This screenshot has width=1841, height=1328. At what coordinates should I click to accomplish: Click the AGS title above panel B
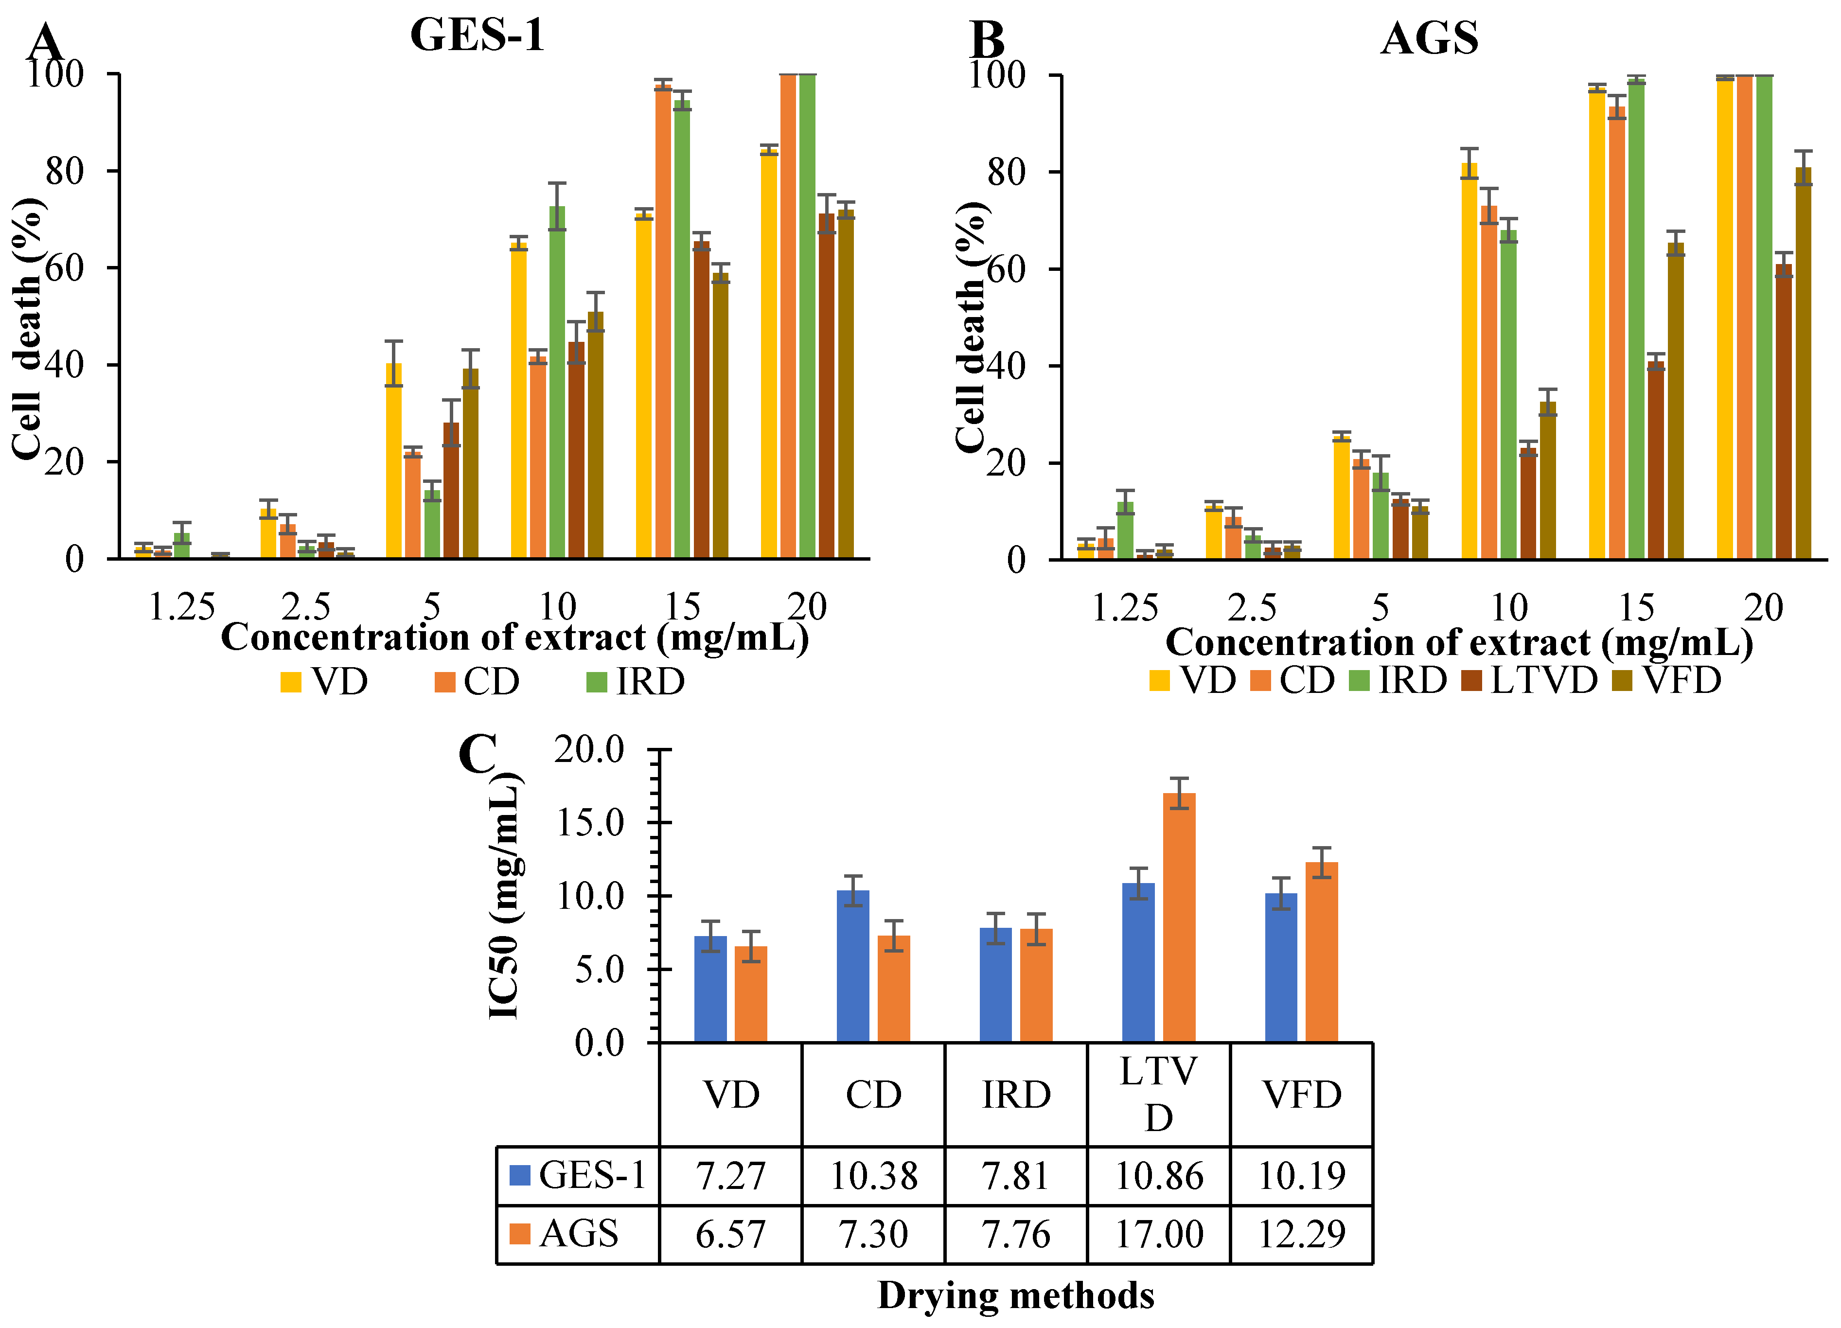(1430, 38)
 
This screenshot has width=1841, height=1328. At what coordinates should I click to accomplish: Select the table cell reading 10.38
(873, 1175)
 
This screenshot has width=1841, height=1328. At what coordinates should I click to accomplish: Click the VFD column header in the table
(1302, 1094)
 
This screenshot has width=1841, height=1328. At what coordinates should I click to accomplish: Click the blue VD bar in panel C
(710, 989)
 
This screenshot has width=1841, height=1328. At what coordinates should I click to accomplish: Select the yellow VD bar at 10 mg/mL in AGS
(1469, 361)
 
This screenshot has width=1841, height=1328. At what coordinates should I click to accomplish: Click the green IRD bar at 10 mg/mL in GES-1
(557, 382)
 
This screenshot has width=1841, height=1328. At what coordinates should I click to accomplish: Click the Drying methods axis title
(1015, 1295)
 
